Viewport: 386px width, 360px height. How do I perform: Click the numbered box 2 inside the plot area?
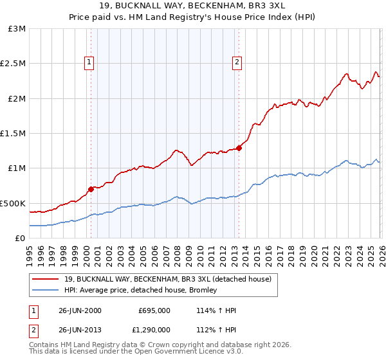coord(237,62)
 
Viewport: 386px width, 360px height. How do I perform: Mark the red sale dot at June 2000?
coord(91,189)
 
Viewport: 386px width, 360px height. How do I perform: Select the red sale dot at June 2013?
coord(239,148)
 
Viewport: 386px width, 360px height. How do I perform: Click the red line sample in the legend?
coord(47,279)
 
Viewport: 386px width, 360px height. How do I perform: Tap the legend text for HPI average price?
coord(140,290)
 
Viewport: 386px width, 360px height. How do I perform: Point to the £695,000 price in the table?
coord(154,310)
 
